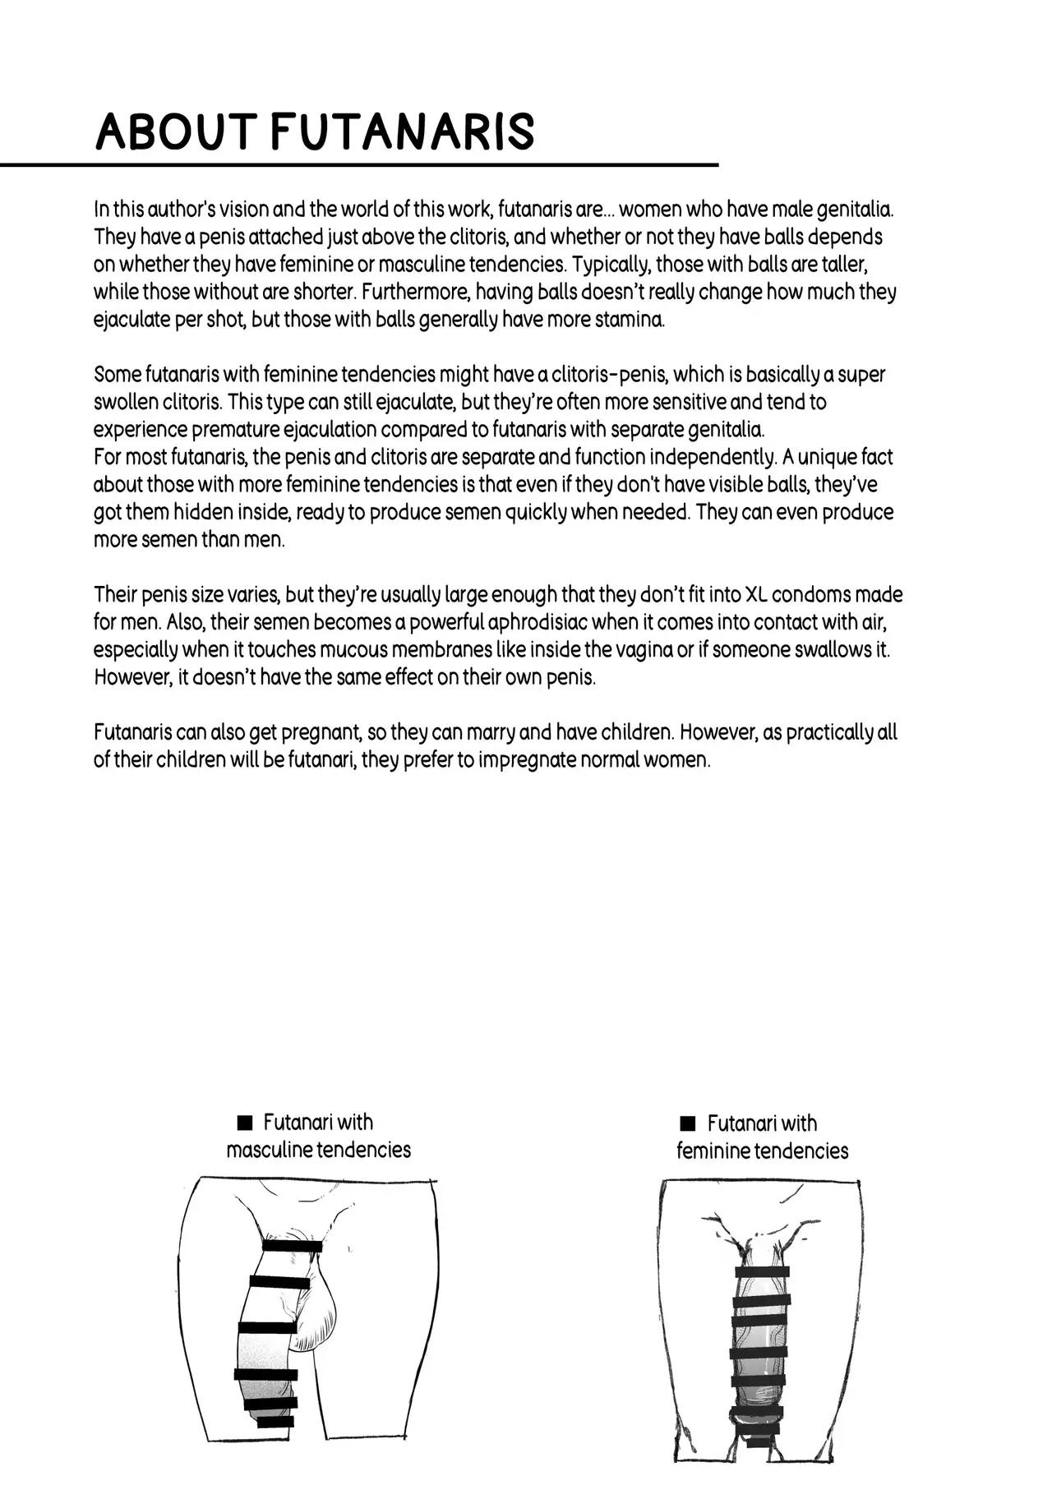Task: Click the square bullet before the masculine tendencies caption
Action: [x=243, y=1123]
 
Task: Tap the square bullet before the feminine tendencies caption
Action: [x=689, y=1123]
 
